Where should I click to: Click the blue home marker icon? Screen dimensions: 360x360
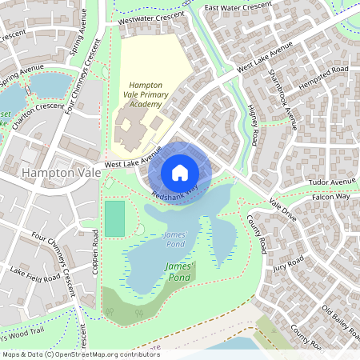tap(180, 173)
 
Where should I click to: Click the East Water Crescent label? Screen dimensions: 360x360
tap(238, 8)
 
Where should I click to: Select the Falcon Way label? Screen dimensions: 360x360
tap(331, 196)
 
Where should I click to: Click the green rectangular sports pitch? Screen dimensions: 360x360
tap(115, 218)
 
